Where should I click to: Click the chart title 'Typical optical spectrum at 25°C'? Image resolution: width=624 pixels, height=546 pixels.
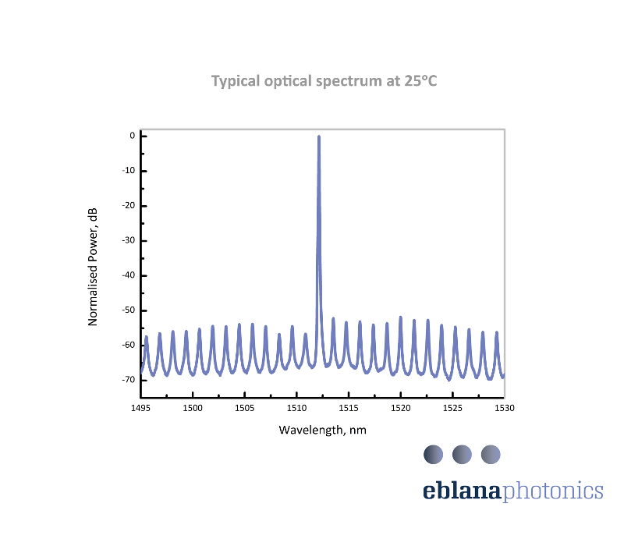pos(324,81)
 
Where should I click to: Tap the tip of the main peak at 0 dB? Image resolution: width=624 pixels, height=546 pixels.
pos(319,136)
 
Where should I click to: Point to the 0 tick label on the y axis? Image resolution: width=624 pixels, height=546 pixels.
pos(133,136)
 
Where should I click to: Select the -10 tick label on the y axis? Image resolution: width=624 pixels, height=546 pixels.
pos(129,171)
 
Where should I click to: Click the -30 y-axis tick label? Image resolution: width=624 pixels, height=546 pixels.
pos(129,240)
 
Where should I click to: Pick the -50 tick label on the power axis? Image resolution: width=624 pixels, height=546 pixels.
pos(129,310)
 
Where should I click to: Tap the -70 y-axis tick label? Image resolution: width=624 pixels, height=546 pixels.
pos(129,379)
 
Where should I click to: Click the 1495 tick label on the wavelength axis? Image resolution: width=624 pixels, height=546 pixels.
pos(140,408)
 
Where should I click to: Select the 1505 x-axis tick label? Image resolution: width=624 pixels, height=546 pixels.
pos(244,408)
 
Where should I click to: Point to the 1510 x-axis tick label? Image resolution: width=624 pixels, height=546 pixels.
pos(296,408)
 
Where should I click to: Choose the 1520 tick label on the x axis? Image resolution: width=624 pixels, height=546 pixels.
pos(400,408)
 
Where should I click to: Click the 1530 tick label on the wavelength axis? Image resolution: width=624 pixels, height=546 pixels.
pos(504,408)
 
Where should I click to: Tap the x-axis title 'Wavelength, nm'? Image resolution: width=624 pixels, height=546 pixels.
pos(322,430)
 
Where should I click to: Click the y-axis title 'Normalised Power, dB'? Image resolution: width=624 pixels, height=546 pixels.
pos(93,266)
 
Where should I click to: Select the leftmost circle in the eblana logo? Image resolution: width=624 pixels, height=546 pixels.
pos(433,453)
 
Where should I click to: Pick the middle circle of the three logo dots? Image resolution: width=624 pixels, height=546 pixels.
pos(462,453)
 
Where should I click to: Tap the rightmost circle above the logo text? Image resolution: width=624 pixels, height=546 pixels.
pos(491,453)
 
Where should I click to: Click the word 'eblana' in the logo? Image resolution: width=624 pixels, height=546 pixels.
pos(463,491)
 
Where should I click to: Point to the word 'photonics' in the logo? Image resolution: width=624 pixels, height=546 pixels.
pos(553,491)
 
